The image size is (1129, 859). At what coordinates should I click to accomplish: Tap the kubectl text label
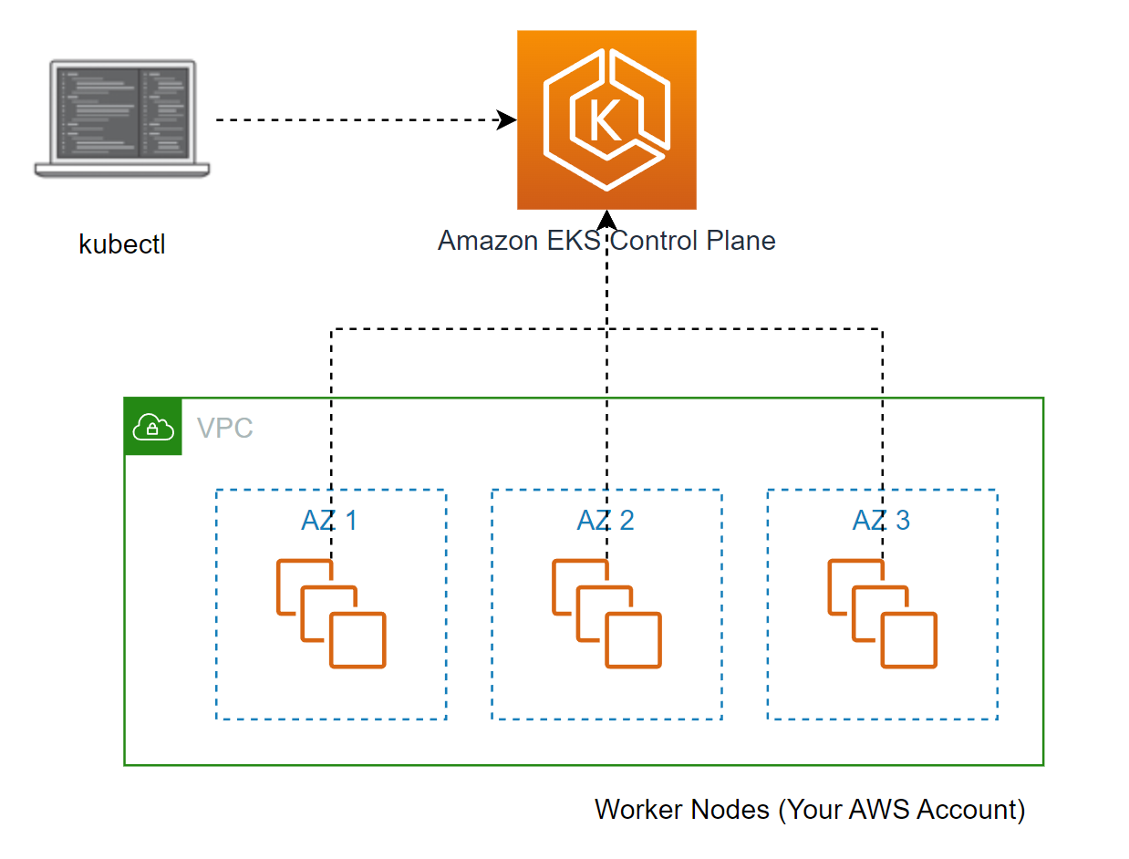[x=122, y=244]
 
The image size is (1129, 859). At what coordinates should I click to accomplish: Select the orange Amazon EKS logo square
[x=606, y=119]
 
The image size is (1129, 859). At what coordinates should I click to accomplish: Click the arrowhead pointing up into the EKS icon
[x=606, y=220]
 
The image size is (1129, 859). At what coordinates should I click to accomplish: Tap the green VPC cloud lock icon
[x=153, y=426]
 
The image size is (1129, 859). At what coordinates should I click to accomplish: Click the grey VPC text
[x=224, y=428]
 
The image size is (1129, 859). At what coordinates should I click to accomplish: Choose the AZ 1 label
[x=329, y=521]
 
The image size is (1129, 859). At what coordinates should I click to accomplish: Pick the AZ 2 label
[x=606, y=521]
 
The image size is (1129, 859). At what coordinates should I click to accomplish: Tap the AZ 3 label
[x=881, y=521]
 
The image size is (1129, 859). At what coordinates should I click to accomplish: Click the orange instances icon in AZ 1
[x=331, y=615]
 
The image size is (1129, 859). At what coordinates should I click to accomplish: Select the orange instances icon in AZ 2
[x=606, y=615]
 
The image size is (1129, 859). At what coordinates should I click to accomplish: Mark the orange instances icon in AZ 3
[x=882, y=615]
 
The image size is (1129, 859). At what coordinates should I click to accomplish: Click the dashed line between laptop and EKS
[x=356, y=119]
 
